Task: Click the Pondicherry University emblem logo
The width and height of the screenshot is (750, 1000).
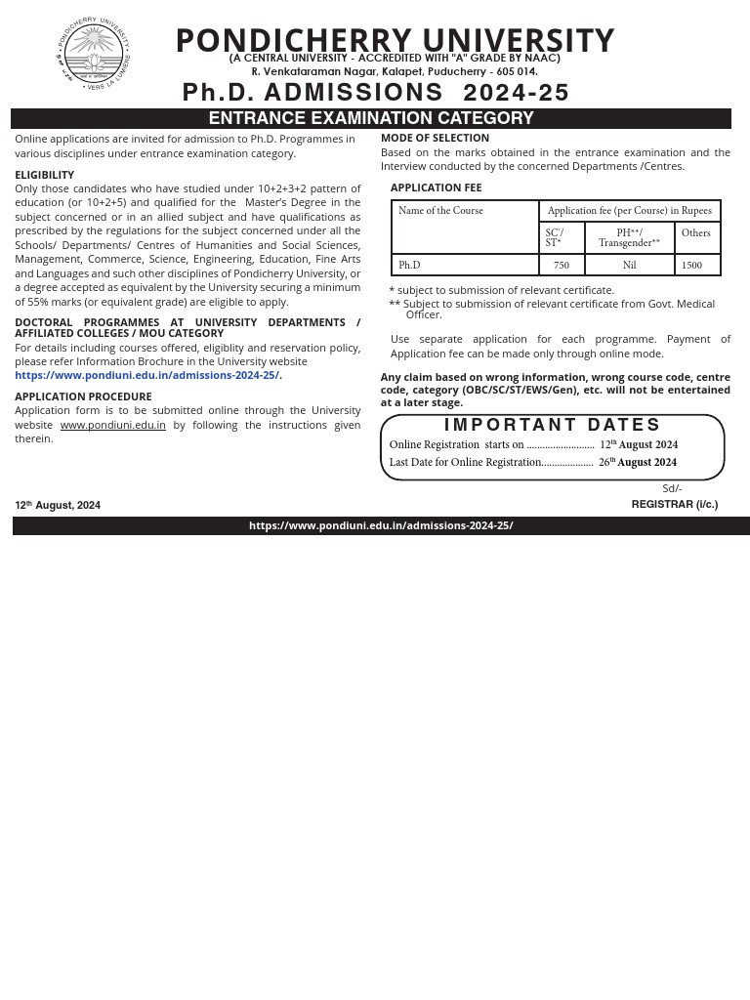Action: [93, 54]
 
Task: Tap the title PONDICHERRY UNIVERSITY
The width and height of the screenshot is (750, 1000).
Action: [395, 40]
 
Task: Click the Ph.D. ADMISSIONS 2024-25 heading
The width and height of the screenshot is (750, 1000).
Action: [376, 93]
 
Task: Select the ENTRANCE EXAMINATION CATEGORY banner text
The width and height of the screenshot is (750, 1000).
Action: [371, 118]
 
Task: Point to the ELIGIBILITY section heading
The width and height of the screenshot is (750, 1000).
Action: [44, 175]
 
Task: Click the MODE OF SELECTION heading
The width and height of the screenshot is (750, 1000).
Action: [435, 139]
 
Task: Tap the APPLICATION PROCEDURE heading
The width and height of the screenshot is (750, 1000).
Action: [83, 396]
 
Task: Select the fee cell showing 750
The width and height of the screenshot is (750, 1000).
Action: [562, 266]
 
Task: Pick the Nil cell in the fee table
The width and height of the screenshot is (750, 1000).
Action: [629, 266]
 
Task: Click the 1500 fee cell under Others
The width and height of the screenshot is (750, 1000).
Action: [692, 266]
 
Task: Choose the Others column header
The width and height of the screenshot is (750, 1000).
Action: [696, 233]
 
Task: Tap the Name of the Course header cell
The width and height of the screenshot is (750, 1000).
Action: [440, 211]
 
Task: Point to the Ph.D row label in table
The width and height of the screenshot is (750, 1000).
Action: [409, 266]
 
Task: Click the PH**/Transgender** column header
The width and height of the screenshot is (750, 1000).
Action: [629, 237]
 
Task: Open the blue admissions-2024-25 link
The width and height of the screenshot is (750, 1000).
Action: [147, 375]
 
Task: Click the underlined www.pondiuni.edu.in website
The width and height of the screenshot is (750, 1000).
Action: [112, 425]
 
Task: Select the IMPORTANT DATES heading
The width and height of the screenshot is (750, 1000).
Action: [553, 425]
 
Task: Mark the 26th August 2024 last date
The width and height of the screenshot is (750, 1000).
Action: [638, 463]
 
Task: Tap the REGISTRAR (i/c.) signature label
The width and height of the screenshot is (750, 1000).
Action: [674, 505]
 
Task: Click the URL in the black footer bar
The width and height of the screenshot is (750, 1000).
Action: [381, 525]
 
